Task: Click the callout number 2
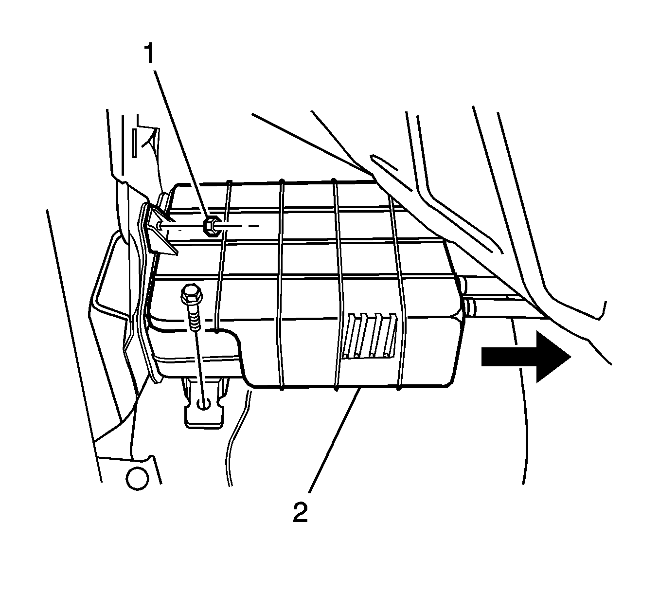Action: pyautogui.click(x=300, y=512)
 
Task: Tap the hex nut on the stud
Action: pyautogui.click(x=211, y=226)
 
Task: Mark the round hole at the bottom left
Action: pyautogui.click(x=137, y=478)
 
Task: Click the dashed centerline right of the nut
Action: pyautogui.click(x=243, y=226)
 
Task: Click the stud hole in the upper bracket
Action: pyautogui.click(x=160, y=225)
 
